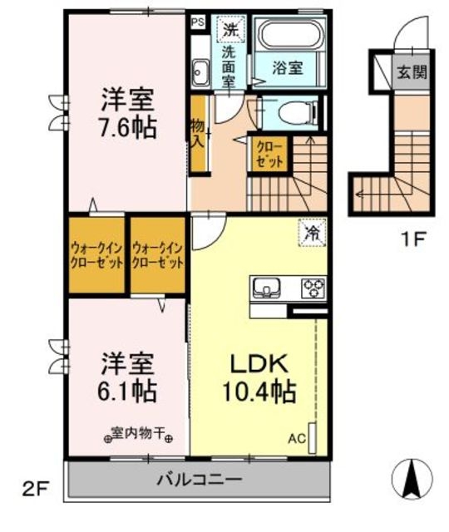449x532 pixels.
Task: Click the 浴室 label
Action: pyautogui.click(x=287, y=69)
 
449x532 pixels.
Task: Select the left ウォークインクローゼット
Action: pyautogui.click(x=96, y=254)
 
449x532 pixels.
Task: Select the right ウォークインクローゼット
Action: pyautogui.click(x=157, y=254)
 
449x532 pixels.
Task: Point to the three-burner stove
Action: pyautogui.click(x=313, y=288)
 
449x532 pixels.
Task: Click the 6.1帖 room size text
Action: pyautogui.click(x=128, y=390)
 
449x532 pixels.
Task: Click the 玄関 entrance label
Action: pyautogui.click(x=411, y=72)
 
